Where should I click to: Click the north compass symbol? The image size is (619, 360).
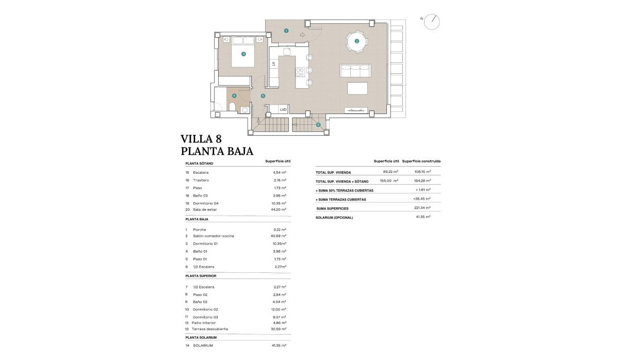432,22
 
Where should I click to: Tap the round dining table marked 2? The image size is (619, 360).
356,41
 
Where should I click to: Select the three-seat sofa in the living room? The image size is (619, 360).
355,71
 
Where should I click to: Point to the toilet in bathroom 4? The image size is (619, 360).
232,107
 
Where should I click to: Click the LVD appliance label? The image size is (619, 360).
283,109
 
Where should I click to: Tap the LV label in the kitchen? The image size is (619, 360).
273,63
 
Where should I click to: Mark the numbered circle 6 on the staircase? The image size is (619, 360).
318,124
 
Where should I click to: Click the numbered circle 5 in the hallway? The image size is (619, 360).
263,96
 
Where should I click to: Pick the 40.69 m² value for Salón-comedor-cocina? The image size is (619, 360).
279,236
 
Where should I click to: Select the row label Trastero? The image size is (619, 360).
201,180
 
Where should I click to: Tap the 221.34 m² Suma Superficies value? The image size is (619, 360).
421,208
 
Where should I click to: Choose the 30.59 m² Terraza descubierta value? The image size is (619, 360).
279,329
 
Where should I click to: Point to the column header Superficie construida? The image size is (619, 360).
421,161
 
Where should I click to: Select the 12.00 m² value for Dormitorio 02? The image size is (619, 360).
279,309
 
